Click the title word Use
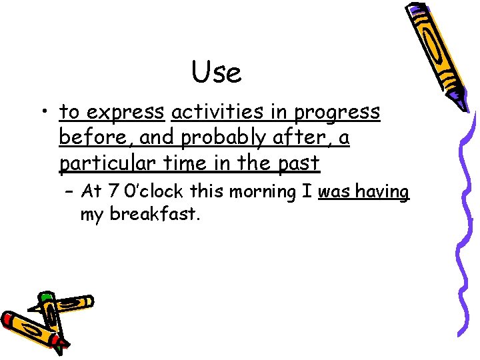coord(217,72)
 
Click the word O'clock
coord(153,192)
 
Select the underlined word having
coord(381,192)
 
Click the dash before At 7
coord(69,193)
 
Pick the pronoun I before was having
coord(306,192)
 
